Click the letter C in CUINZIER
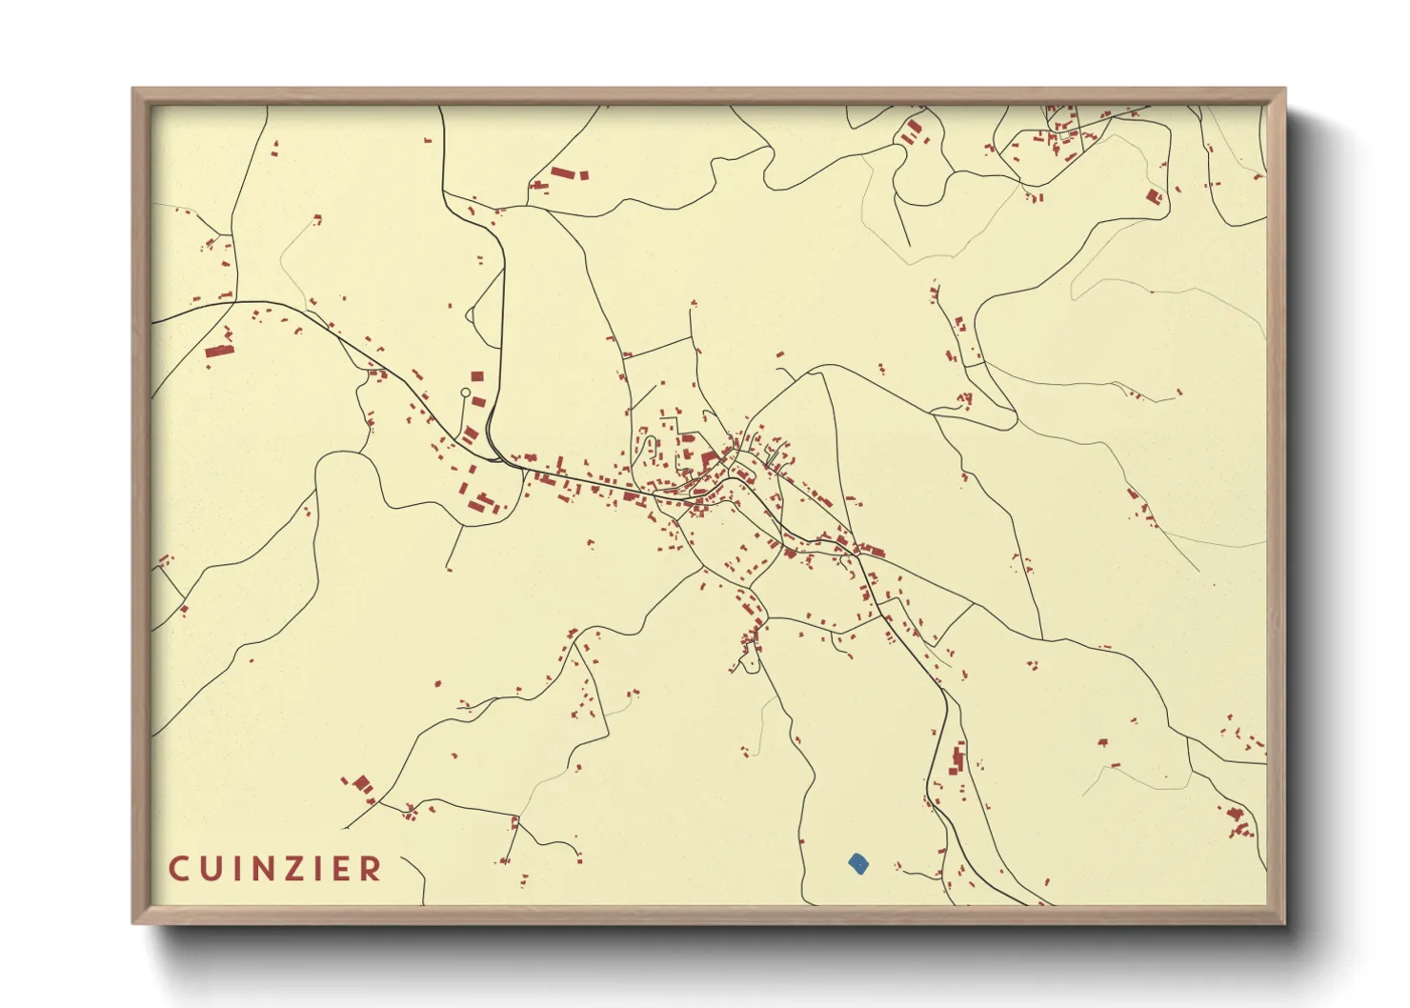pyautogui.click(x=178, y=869)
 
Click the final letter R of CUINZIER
pyautogui.click(x=373, y=869)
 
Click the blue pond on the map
pyautogui.click(x=858, y=864)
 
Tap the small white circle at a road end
pyautogui.click(x=465, y=393)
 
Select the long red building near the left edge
pyautogui.click(x=219, y=351)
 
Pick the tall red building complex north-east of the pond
pyautogui.click(x=958, y=759)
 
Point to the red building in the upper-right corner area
pyautogui.click(x=1154, y=197)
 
